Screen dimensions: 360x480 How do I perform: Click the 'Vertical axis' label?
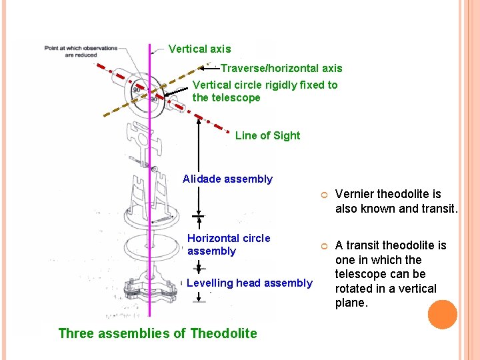(199, 49)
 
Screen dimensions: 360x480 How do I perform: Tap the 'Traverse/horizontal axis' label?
(281, 68)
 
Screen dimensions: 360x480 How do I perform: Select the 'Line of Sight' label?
(267, 135)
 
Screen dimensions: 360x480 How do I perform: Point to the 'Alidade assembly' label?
(227, 179)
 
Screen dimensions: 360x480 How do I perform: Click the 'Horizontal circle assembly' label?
(229, 245)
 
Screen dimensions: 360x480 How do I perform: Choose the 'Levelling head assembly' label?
(249, 283)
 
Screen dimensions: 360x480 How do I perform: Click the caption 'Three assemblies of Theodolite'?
(157, 333)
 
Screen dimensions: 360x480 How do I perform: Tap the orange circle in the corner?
(443, 315)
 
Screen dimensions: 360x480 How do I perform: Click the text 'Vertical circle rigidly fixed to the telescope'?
(265, 91)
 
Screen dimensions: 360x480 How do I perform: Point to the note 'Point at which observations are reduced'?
(80, 51)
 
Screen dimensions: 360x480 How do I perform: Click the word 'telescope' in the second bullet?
(361, 274)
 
